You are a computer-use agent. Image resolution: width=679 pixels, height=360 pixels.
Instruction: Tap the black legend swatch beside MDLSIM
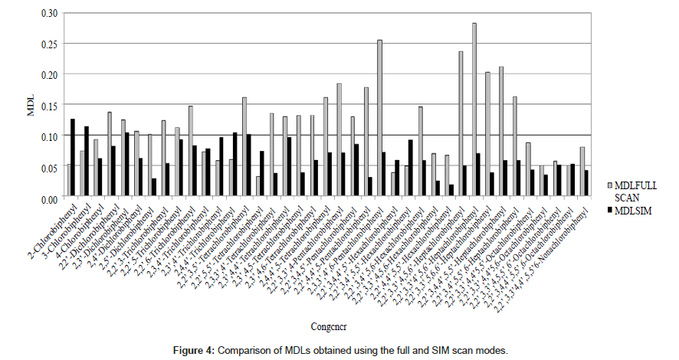[611, 211]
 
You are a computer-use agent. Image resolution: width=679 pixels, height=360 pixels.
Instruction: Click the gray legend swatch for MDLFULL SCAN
[611, 185]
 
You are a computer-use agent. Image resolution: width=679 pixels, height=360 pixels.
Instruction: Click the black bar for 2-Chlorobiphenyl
[73, 159]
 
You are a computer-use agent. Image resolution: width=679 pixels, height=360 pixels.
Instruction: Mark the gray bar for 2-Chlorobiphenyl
[68, 181]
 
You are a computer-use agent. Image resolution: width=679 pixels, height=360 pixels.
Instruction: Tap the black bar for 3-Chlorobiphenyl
[87, 162]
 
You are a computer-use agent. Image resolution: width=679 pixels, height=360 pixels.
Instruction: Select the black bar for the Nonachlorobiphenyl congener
[587, 184]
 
